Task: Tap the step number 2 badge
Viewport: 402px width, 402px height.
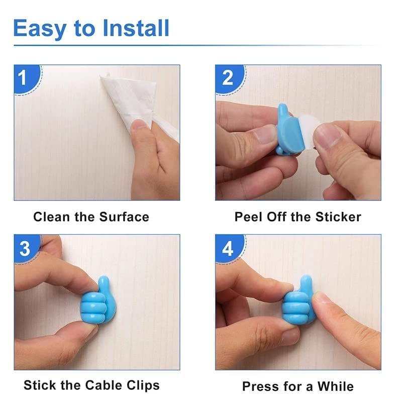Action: [227, 78]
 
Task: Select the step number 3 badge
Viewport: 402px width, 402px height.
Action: [24, 248]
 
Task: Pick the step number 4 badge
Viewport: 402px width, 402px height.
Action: [227, 248]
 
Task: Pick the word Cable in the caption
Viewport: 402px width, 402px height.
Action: [102, 385]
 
